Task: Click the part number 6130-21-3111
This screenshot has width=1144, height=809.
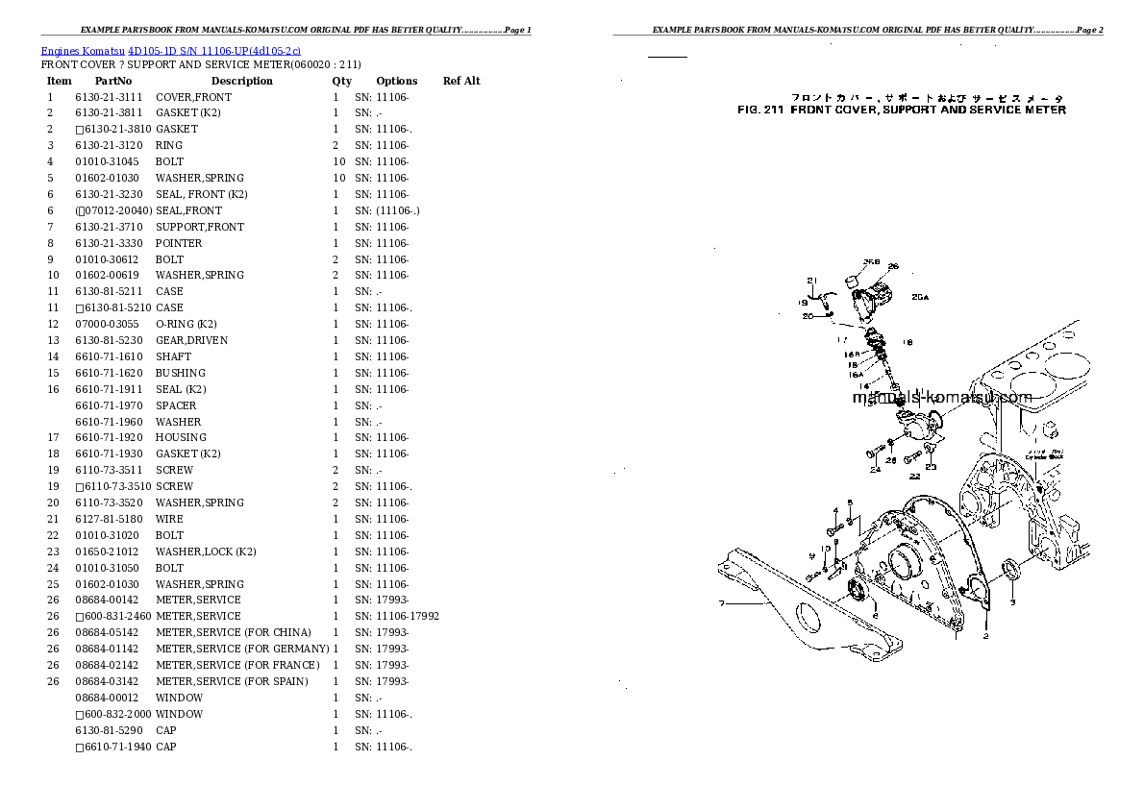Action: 108,97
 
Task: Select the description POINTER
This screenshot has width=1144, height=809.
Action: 179,243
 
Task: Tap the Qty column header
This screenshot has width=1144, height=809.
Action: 342,81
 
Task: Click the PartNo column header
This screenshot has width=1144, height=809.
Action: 113,81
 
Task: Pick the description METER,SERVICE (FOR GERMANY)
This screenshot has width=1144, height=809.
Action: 242,649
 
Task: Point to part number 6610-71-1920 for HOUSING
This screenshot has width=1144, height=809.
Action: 108,437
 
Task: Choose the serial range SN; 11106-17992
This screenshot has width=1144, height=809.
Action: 397,616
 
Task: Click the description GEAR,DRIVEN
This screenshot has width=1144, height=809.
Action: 191,340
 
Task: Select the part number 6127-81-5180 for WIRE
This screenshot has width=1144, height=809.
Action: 108,519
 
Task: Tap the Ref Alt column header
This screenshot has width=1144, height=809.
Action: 461,81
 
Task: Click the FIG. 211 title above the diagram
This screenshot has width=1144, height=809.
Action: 901,110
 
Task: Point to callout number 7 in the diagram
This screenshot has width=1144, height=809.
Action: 719,604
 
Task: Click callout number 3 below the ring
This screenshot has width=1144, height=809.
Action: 1012,603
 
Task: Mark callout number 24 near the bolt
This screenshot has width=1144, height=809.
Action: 876,471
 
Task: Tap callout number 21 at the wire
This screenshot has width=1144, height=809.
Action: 811,282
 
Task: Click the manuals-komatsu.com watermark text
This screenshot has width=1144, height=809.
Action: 943,398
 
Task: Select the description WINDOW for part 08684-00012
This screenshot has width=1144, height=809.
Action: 179,698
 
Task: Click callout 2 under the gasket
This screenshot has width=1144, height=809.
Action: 985,636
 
